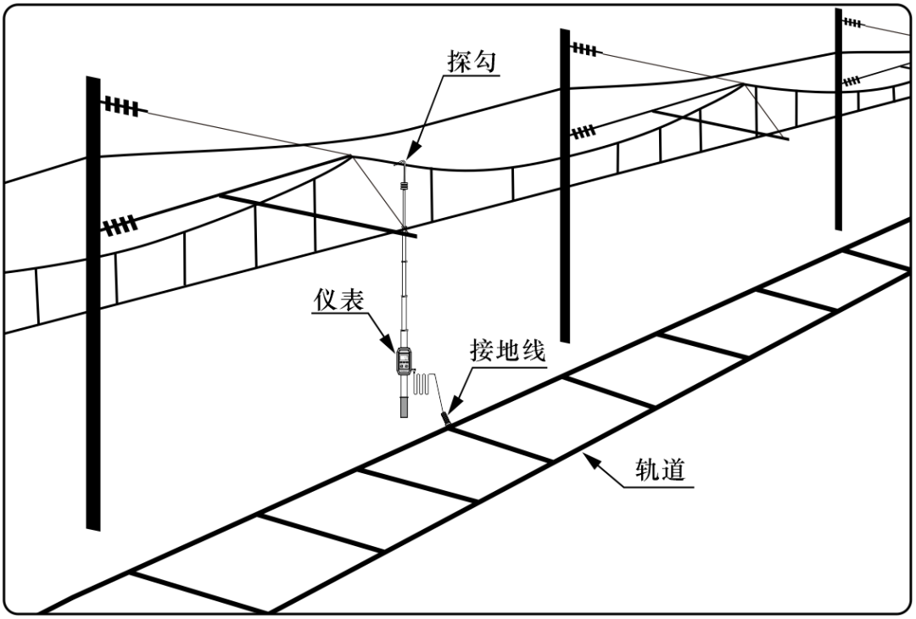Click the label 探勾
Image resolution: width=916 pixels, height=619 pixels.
pos(472,62)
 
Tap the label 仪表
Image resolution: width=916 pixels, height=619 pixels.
pos(338,300)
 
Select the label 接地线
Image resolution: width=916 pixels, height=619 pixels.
pos(507,351)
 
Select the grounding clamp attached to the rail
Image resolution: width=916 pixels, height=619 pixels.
pos(444,418)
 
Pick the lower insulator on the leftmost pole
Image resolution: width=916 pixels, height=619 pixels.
pos(120,226)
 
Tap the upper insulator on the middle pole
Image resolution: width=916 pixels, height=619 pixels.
pos(584,49)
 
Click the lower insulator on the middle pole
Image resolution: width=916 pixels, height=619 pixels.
pos(583,131)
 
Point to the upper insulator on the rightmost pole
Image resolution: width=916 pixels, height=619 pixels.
pos(852,22)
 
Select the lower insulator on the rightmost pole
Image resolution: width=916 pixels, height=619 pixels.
pos(852,81)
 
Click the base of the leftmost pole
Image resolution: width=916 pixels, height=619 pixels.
pos(93,521)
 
